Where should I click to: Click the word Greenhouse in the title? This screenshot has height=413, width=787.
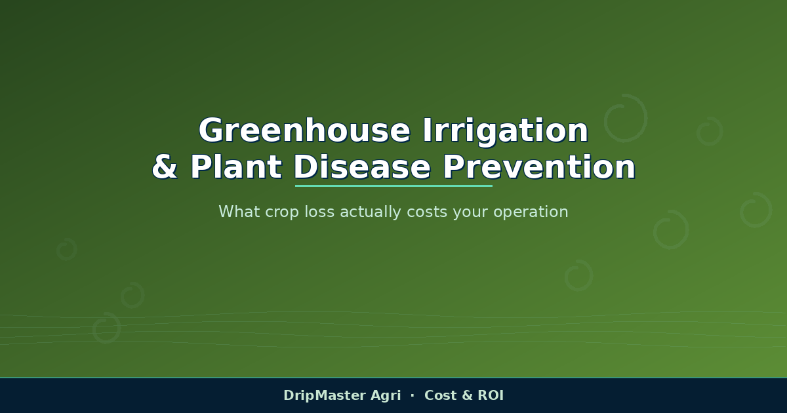coord(304,130)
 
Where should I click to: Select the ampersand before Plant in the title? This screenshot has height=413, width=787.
coord(165,167)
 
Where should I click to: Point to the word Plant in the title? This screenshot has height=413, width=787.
coord(236,167)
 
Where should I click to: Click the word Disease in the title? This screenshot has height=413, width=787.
coord(362,167)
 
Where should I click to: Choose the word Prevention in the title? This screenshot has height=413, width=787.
coord(539,167)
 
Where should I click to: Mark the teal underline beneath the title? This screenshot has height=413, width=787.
coord(393,186)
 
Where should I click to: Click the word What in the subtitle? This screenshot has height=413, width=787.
coord(239,211)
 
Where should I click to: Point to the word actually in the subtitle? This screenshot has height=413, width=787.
coord(371,212)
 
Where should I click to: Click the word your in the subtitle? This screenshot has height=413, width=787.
coord(470,213)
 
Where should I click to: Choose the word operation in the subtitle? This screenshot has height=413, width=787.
coord(531,213)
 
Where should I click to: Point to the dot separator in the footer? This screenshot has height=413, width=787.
coord(413,395)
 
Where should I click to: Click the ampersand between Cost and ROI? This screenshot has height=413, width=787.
coord(467,395)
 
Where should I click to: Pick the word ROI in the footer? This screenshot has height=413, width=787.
coord(491,395)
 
